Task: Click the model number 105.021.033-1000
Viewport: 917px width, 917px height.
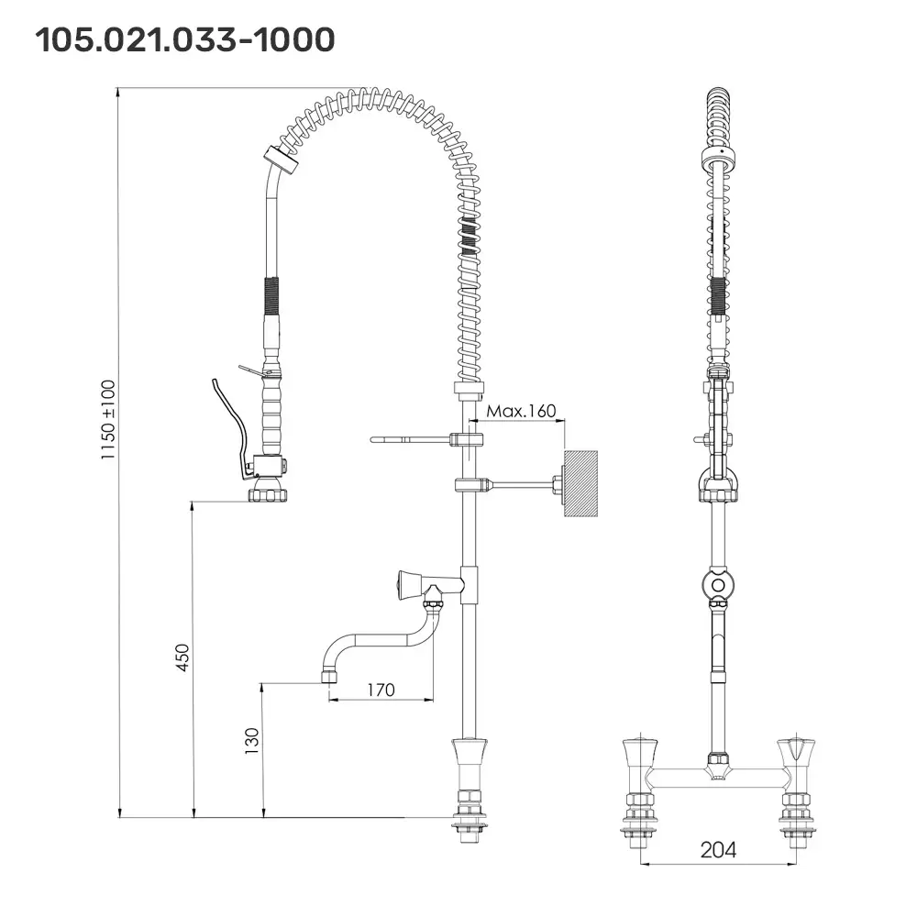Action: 184,39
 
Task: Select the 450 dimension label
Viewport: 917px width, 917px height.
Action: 182,657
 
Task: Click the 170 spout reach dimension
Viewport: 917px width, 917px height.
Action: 381,689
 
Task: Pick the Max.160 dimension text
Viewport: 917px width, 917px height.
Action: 521,411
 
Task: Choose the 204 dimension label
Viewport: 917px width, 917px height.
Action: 718,850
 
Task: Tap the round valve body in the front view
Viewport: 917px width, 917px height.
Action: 718,583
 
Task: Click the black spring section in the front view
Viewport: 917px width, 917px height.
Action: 718,295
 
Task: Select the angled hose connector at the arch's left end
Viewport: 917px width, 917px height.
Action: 281,162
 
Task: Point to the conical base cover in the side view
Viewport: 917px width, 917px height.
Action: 471,757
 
